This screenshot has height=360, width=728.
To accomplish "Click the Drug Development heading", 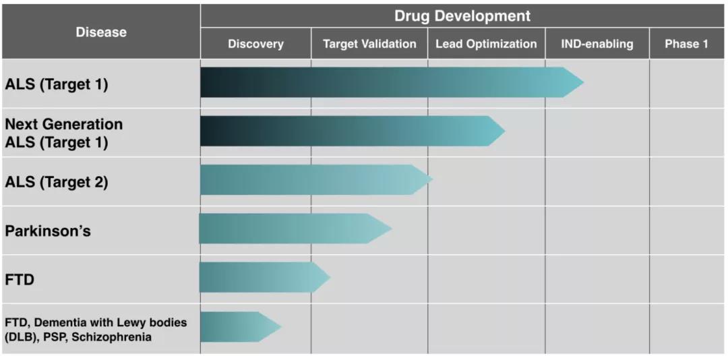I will [462, 16].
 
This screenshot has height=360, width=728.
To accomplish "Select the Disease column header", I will [100, 32].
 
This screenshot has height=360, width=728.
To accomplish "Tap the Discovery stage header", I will [255, 44].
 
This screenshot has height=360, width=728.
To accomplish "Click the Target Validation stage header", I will [369, 44].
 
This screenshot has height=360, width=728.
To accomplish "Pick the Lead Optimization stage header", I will [486, 44].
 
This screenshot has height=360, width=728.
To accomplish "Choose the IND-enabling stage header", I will [597, 44].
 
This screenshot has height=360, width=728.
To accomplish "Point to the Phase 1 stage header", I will [686, 44].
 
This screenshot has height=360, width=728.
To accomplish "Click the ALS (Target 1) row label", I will [57, 85].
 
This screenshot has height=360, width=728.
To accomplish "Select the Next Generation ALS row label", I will [64, 133].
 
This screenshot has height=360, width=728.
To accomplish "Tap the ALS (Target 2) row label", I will [57, 182].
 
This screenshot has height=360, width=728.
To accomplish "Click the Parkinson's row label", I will [48, 231].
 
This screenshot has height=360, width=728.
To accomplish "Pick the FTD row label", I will [20, 279].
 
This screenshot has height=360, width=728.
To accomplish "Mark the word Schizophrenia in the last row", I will [116, 337].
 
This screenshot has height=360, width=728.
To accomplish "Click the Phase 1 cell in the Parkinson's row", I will [686, 230].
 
